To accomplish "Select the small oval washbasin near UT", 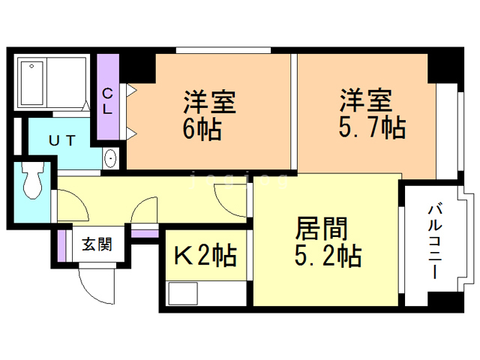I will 111,158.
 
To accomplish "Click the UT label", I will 62,139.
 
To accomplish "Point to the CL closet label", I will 107,100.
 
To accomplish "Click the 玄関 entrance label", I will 97,244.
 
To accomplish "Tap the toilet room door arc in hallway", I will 71,201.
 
